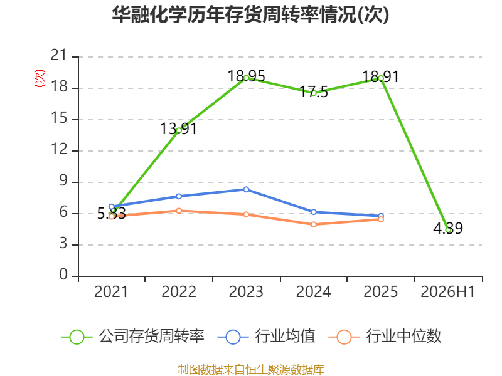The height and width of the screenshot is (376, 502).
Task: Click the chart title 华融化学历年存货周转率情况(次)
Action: (x=250, y=14)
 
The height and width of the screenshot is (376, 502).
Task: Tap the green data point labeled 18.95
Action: (x=246, y=78)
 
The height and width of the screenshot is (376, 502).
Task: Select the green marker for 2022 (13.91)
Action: (x=179, y=130)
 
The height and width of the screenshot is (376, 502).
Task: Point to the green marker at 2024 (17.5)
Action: (x=314, y=93)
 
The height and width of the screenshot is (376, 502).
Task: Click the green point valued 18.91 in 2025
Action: (x=381, y=78)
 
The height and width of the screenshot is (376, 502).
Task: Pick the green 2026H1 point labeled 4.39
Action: (x=449, y=230)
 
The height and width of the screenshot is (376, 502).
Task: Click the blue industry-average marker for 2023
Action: (x=246, y=190)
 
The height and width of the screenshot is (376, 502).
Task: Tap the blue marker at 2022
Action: (x=179, y=196)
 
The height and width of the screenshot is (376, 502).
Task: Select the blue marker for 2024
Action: (x=314, y=212)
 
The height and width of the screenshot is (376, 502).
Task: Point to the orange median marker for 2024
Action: (x=314, y=225)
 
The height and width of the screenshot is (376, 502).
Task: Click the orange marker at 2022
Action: (x=179, y=211)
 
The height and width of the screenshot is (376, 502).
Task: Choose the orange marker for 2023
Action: (x=246, y=214)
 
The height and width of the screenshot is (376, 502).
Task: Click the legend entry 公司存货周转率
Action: (x=132, y=337)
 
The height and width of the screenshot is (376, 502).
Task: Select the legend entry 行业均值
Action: (x=266, y=337)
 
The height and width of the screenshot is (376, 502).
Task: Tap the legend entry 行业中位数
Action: (x=385, y=337)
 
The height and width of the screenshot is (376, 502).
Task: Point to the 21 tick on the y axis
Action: (x=58, y=56)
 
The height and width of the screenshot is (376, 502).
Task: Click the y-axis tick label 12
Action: (x=59, y=149)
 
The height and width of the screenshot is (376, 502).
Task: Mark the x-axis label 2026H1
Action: (x=447, y=292)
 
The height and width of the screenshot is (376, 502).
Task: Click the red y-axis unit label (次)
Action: (x=40, y=78)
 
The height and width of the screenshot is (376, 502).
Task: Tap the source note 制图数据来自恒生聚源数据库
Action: (x=250, y=370)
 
